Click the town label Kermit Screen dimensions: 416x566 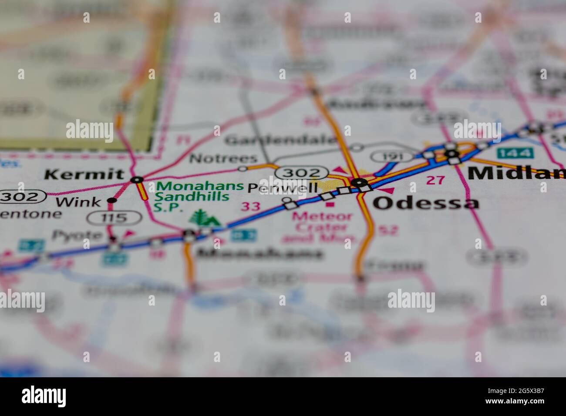point(84,175)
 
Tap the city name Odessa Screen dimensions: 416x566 point(426,203)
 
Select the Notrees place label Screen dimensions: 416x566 point(223,158)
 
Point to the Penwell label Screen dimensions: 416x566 point(282,188)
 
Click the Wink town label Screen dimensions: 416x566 point(78,202)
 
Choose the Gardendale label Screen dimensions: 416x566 point(281,140)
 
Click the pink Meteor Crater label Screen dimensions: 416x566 point(322,221)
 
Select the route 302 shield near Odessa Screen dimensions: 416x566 point(302,173)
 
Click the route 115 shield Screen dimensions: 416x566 point(114,217)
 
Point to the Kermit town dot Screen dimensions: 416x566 point(137,179)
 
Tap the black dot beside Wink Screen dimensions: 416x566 point(112,200)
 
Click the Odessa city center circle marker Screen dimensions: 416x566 point(358,183)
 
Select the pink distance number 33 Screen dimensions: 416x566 point(251,206)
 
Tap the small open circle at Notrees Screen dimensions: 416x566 point(243,168)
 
